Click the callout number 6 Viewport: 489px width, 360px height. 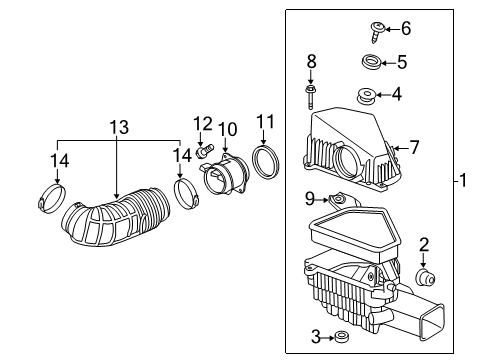click(x=406, y=29)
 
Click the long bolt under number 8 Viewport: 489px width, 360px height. click(x=312, y=96)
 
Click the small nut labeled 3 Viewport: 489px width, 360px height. click(x=340, y=336)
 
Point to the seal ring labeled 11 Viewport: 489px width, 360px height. click(x=266, y=161)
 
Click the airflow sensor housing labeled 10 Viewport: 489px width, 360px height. click(x=221, y=173)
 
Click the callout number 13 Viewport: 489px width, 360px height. click(x=119, y=127)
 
